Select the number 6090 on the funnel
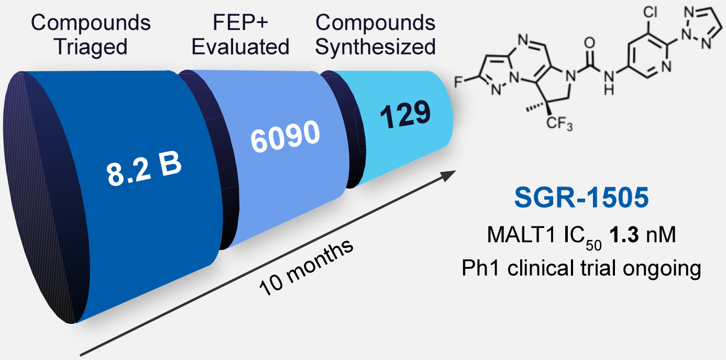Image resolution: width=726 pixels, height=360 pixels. point(284,138)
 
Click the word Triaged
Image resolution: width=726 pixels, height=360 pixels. point(92,47)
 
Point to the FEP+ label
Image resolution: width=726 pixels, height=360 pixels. point(240,23)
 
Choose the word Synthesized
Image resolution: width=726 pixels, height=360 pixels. point(376,47)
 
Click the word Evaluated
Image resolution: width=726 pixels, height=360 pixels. point(240,47)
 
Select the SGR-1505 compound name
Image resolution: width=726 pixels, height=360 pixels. point(581,199)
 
